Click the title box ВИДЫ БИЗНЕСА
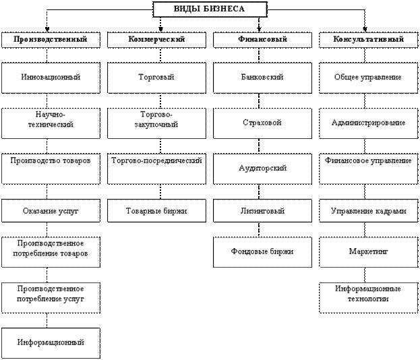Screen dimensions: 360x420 coord(210,9)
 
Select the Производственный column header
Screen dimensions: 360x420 coord(51,40)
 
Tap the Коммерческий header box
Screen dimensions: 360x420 coord(156,40)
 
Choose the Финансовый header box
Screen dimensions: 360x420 coord(262,40)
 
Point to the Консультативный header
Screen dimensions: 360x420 coord(368,40)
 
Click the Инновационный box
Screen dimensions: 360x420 coord(51,78)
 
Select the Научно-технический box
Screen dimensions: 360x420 coord(51,120)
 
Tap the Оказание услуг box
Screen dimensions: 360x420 coord(51,211)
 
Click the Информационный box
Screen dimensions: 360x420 coord(51,342)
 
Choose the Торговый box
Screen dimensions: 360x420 coord(156,78)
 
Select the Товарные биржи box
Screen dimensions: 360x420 coord(156,211)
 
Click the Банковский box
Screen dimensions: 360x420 coord(262,78)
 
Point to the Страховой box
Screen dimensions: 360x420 coord(262,123)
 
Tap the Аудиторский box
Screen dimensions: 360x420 coord(262,168)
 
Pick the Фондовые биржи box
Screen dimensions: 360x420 coord(262,251)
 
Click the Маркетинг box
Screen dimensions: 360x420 coord(368,251)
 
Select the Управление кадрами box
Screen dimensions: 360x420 coord(368,211)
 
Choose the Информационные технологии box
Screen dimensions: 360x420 coord(368,294)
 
